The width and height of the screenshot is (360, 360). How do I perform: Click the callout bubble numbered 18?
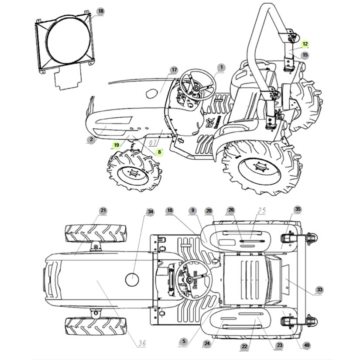101,11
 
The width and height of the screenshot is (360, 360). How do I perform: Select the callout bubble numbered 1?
221,67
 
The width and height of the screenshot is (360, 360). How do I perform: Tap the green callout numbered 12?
305,44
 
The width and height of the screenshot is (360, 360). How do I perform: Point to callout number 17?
174,70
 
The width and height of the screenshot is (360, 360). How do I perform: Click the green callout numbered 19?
116,145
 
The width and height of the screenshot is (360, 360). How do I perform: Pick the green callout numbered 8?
159,152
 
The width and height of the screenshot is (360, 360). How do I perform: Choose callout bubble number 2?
91,140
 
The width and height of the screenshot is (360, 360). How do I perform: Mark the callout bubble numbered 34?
150,212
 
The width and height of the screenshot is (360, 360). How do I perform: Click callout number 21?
103,211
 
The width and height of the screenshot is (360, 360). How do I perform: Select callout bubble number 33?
320,290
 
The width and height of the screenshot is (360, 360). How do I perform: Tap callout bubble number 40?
307,346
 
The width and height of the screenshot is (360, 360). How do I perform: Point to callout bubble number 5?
183,341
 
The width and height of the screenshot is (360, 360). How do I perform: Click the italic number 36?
141,343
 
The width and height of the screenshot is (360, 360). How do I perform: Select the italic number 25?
261,211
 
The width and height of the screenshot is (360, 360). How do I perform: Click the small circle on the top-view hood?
132,279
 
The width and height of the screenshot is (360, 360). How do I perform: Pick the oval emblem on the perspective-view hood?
152,93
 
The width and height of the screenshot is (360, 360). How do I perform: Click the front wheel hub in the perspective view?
131,173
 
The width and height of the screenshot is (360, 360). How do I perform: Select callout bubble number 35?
298,209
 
